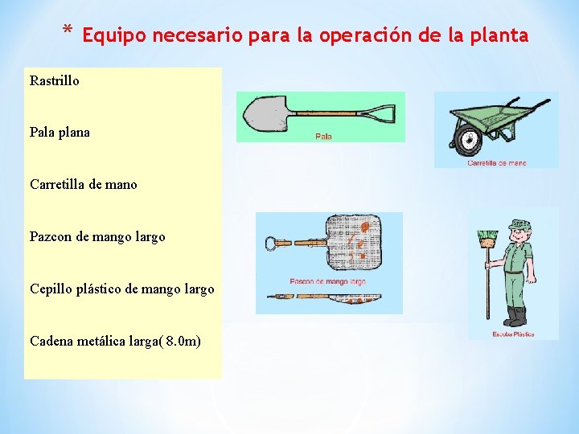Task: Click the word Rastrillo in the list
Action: coord(55,80)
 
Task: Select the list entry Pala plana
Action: coord(60,132)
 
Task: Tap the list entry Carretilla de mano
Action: coord(83,184)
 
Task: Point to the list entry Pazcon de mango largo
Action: coord(97,236)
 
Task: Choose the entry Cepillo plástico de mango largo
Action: coord(121,289)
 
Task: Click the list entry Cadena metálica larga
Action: coord(115,341)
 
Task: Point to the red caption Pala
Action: coord(323,137)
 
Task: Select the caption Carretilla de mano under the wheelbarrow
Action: coord(496,163)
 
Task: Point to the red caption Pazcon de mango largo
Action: coord(327,282)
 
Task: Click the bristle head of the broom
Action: coord(487,239)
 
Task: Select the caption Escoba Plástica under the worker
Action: coord(513,334)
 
